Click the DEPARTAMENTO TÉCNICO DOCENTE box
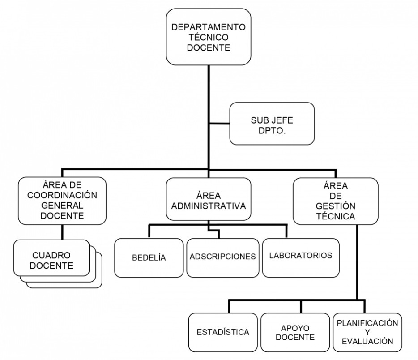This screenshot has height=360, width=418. point(209,37)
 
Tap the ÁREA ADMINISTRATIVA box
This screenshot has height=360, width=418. point(209,200)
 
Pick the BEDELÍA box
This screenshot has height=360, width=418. point(149,257)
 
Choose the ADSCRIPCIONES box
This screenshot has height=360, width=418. point(222,257)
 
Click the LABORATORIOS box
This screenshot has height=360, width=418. point(301,257)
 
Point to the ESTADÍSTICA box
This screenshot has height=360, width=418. point(223,332)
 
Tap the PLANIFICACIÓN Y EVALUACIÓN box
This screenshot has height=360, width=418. point(367,332)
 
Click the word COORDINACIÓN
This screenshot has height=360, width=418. point(62,196)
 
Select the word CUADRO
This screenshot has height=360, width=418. point(52,255)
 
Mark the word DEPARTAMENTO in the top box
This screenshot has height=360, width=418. point(209,27)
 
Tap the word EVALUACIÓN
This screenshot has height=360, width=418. point(367,341)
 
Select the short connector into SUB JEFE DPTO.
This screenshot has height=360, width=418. point(219,123)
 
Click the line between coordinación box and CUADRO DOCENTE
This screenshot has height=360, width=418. point(62,232)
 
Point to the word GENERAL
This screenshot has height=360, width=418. point(62,206)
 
